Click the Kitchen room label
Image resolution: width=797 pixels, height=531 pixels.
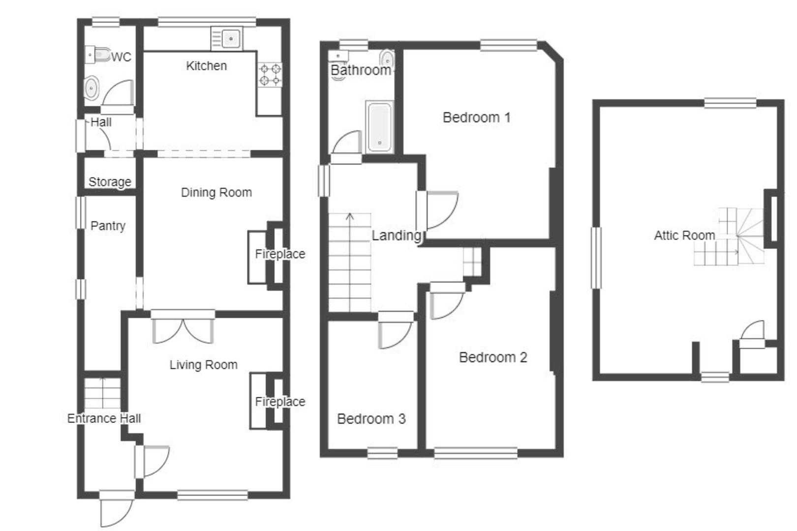click(x=206, y=66)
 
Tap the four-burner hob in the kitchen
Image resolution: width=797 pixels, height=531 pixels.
click(x=270, y=75)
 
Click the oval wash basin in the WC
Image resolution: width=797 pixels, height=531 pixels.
click(x=92, y=88)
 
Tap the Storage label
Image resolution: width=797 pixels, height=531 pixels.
click(x=110, y=182)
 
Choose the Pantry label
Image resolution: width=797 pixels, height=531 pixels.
click(x=108, y=226)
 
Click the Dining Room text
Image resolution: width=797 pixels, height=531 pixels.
click(x=216, y=192)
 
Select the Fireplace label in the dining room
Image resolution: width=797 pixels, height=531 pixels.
click(x=280, y=254)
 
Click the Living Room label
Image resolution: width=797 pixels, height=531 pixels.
click(x=204, y=364)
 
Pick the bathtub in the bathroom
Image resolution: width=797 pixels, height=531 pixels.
click(x=380, y=127)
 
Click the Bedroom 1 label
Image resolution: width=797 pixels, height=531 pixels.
click(x=476, y=118)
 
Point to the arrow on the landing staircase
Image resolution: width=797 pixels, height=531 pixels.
click(x=350, y=262)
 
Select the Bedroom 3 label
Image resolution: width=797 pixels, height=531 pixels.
click(x=371, y=419)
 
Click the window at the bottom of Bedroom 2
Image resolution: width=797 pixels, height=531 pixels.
click(x=476, y=453)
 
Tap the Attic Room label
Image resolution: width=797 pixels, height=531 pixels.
click(x=684, y=236)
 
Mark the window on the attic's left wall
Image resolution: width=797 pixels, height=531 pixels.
click(x=596, y=258)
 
